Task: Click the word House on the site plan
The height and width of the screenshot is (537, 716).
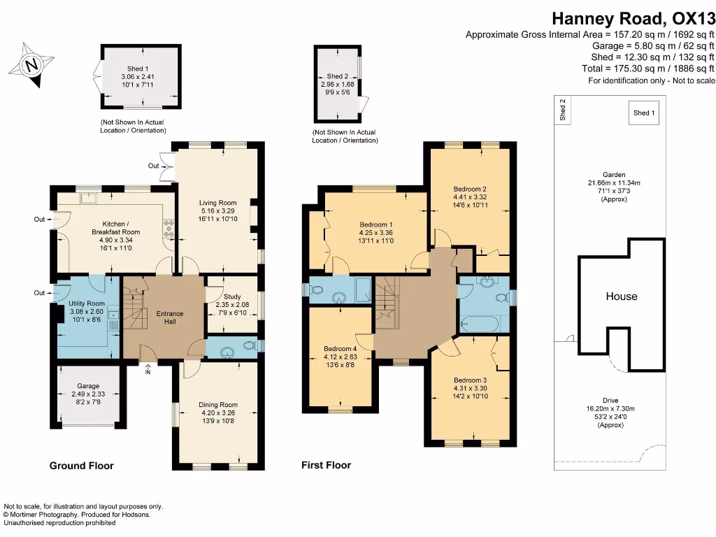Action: (x=621, y=296)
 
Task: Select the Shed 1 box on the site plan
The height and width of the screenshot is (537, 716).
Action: (x=644, y=113)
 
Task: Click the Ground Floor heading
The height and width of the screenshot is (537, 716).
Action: (x=81, y=466)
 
